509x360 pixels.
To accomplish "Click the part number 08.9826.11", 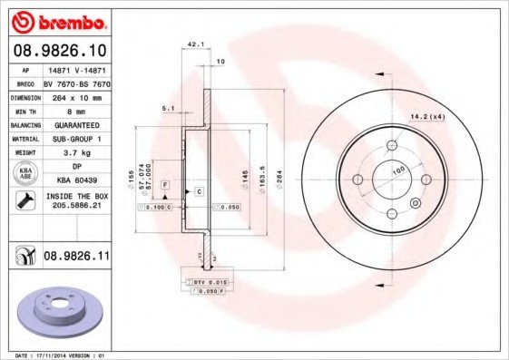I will (x=76, y=258).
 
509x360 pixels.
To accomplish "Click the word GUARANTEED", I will (x=76, y=124).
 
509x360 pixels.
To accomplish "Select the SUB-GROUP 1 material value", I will (x=76, y=138).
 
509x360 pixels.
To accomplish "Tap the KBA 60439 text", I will (x=76, y=180).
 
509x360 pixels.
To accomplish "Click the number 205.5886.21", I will (x=76, y=206).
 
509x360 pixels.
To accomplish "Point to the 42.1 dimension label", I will (x=193, y=43).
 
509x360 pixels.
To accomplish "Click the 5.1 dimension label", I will (x=167, y=108).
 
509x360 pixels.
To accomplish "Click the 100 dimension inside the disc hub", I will (x=397, y=170).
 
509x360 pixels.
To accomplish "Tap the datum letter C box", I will (x=198, y=191).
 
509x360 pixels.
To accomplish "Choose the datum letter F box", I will (x=165, y=185).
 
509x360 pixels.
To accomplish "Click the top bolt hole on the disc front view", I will (x=392, y=146).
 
